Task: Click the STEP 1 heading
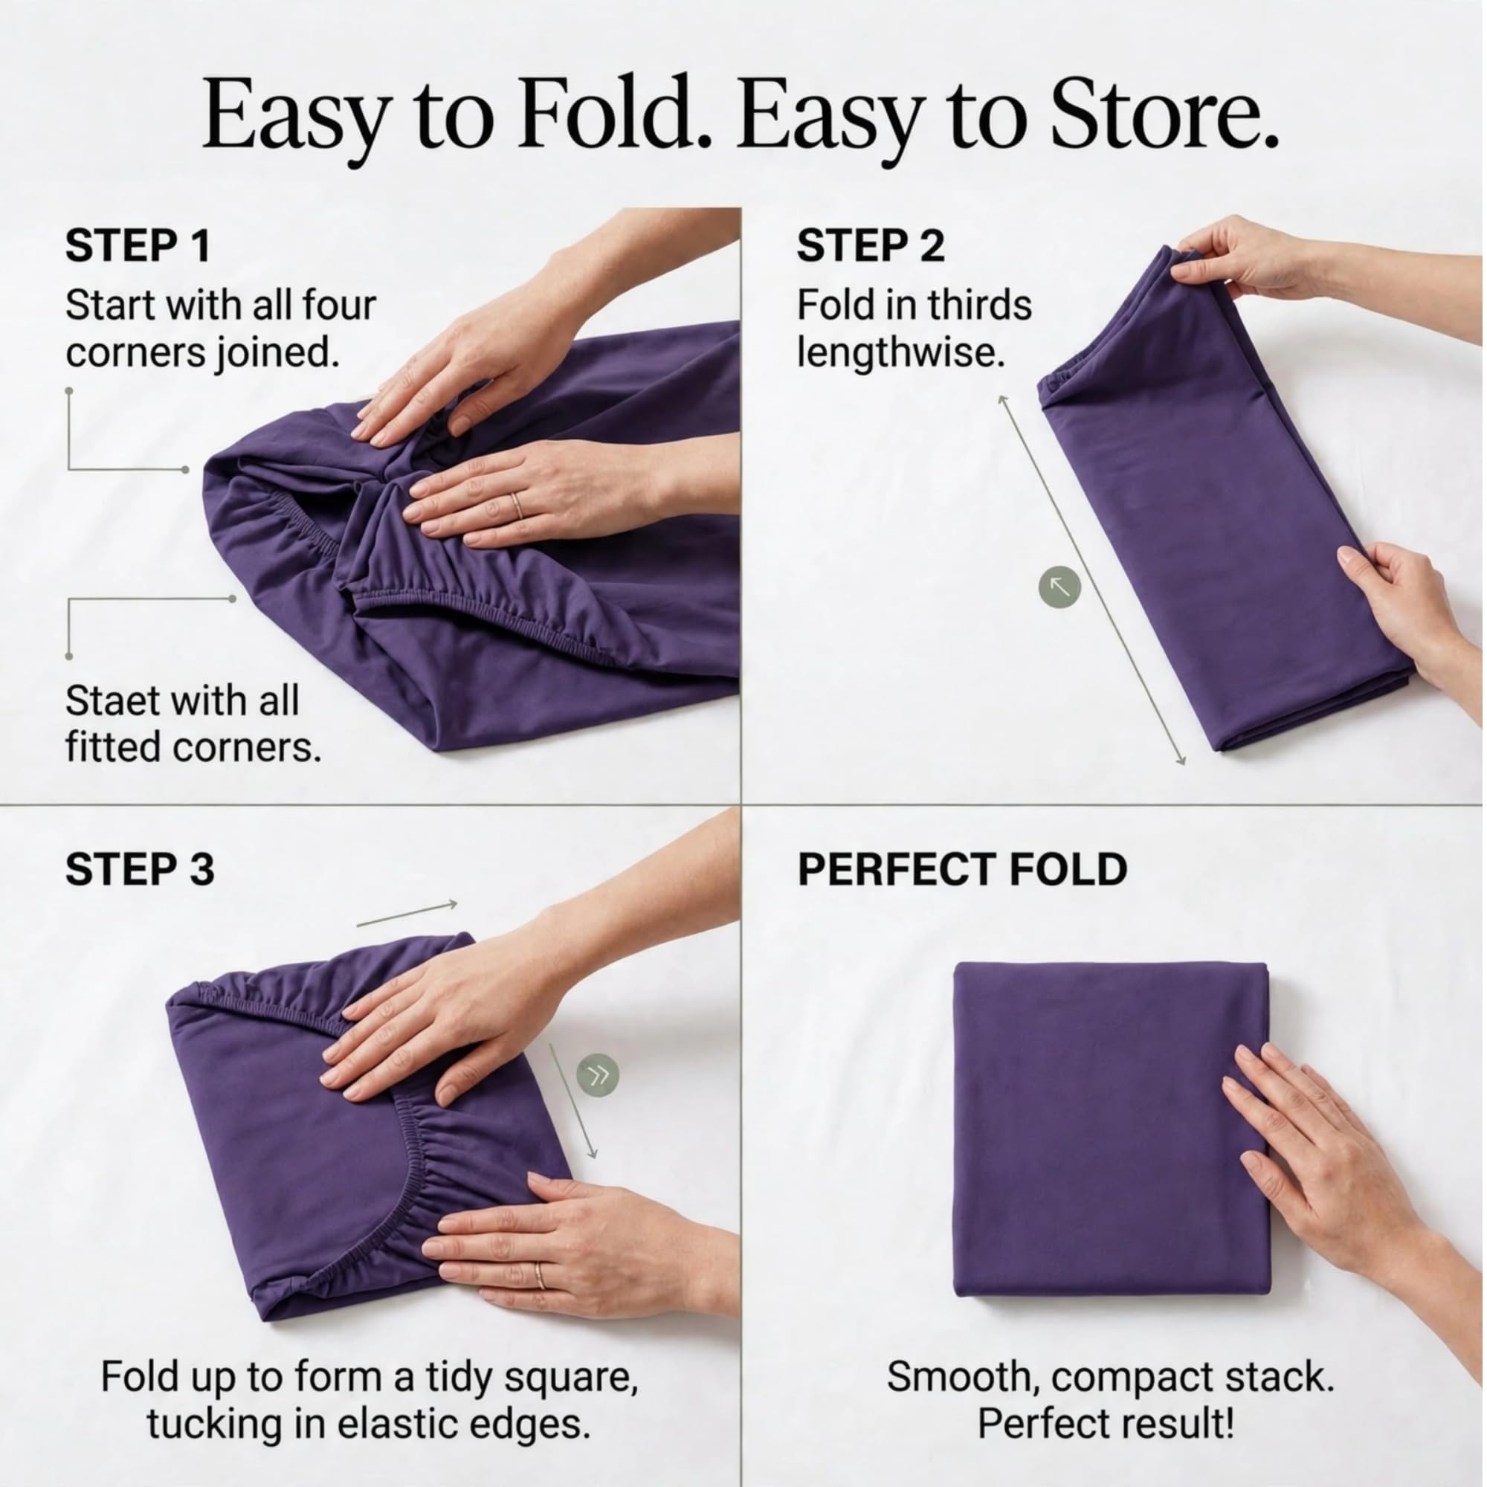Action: [137, 247]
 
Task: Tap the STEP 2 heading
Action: [871, 247]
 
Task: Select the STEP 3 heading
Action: [139, 870]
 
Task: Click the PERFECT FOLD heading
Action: [962, 870]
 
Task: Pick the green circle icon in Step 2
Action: [1059, 588]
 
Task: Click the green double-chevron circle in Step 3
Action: [598, 1074]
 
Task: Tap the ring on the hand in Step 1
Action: [517, 506]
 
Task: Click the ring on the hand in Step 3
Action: [540, 1276]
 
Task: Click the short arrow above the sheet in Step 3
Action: [408, 913]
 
